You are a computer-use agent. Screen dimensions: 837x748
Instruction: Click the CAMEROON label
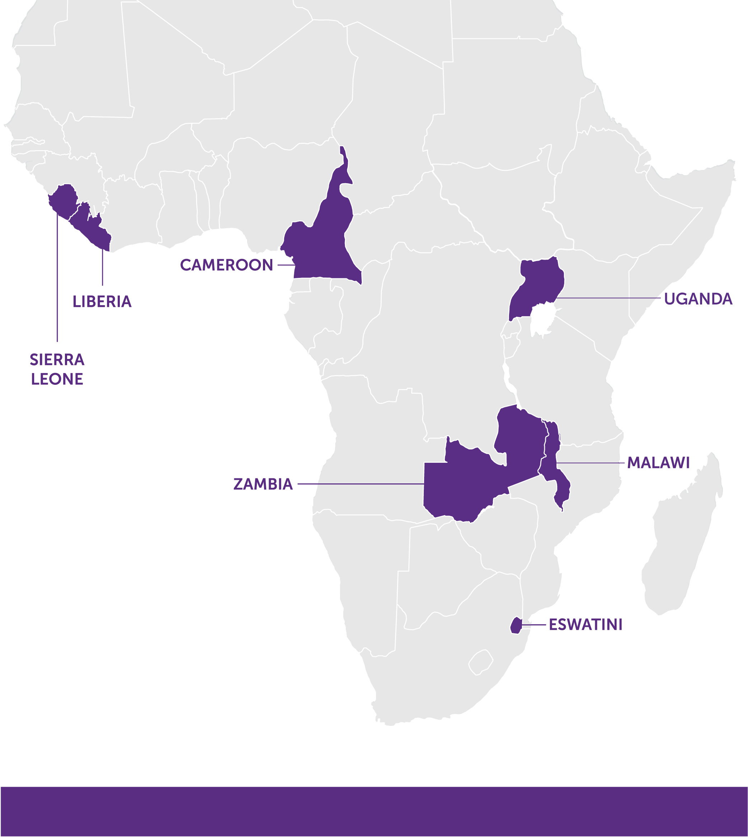pos(226,265)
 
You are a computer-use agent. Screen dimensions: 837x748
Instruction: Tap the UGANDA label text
pos(698,299)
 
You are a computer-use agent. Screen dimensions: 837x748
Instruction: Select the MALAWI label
pos(658,463)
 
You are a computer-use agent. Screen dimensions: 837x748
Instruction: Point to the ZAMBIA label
pos(263,484)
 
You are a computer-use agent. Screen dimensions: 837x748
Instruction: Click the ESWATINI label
pos(585,625)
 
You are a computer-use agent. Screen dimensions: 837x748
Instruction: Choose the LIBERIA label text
pos(102,302)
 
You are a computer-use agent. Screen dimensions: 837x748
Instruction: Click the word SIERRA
pos(57,360)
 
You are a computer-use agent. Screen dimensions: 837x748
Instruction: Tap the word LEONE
pos(57,379)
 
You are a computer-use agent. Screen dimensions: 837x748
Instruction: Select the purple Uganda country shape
pos(538,284)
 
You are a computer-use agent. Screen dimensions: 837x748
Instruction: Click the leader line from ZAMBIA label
pos(362,484)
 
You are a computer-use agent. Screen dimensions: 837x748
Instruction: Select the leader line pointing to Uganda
pos(608,298)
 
